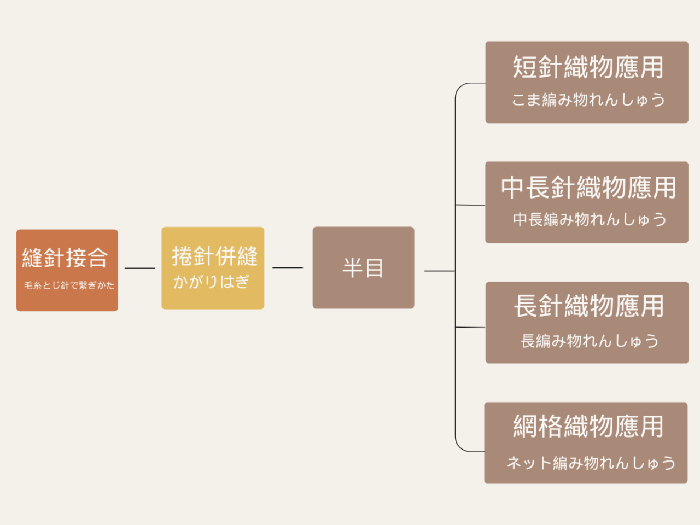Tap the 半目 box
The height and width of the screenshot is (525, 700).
coord(363,268)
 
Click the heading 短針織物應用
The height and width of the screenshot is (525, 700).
coord(588,67)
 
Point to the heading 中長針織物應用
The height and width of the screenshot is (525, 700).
coord(588,187)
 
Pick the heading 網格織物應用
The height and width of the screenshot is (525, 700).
coord(588,426)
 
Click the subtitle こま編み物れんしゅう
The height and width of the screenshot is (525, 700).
coord(588,100)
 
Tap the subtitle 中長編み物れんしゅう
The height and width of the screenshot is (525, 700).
coord(589,219)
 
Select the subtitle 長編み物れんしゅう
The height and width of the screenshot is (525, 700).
coord(589,341)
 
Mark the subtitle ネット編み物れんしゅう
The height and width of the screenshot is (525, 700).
coord(591,463)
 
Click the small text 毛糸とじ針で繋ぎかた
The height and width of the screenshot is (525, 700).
coord(69,285)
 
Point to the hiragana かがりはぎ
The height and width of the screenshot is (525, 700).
coord(211,282)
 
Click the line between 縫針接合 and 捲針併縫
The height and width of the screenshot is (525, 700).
coord(140,268)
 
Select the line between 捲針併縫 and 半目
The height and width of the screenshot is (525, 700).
coord(288,268)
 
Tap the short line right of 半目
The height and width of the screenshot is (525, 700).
coord(439,271)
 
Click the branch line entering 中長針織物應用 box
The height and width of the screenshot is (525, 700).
coord(470,205)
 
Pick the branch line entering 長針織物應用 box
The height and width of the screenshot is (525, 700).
coord(470,327)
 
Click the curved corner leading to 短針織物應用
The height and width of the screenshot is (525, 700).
coord(460,88)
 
